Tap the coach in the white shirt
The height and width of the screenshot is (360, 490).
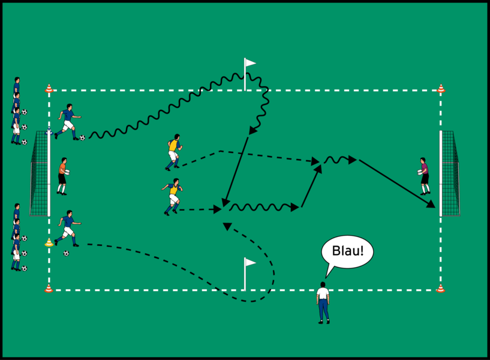pos(323,302)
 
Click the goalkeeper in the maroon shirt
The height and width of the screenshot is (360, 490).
pos(425,176)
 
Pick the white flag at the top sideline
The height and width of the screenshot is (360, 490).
pos(249,63)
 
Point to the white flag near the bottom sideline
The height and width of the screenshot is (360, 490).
pos(249,263)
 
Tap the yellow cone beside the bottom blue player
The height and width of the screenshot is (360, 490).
pos(49,243)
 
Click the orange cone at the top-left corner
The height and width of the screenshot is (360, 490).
pos(49,89)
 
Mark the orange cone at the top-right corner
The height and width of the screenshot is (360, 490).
pos(441,89)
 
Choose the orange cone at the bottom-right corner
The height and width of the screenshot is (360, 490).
pos(441,289)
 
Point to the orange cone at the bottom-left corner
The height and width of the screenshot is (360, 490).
pos(49,289)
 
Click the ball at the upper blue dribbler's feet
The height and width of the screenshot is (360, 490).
pos(82,138)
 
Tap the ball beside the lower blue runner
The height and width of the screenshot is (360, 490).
pos(66,253)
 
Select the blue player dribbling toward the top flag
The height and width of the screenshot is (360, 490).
pos(67,122)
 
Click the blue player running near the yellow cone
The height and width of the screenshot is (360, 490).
pos(67,228)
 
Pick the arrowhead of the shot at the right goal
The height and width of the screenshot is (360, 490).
pos(431,205)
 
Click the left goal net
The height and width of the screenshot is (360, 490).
pos(39,174)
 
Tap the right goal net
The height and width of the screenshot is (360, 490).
pos(451,174)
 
